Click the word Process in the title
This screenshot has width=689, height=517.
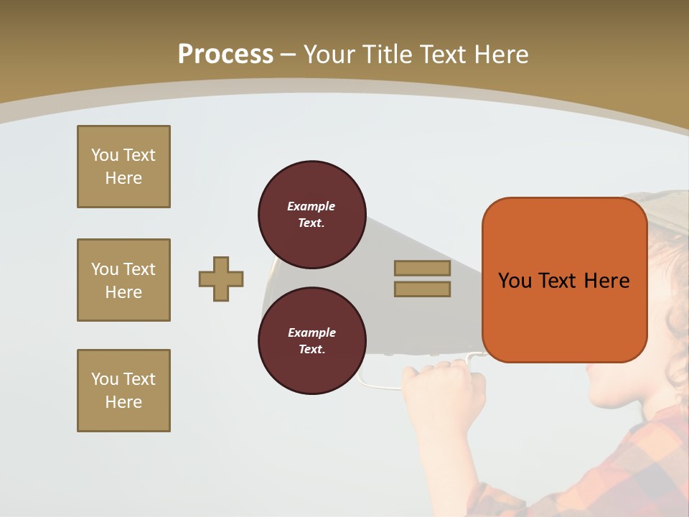[225, 55]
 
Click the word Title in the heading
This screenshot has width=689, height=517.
[388, 55]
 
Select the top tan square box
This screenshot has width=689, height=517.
[123, 167]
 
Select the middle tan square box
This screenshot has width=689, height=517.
[123, 280]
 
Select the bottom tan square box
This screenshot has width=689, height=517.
[123, 391]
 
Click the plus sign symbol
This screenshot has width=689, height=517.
[221, 279]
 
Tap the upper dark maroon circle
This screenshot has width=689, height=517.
[311, 214]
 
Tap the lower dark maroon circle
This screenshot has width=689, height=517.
[311, 340]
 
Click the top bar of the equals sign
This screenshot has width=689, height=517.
[422, 268]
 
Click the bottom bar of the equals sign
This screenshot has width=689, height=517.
[422, 289]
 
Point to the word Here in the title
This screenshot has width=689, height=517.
[499, 55]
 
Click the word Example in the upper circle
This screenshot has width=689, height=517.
[311, 206]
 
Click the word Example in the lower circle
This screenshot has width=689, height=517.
[311, 332]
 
